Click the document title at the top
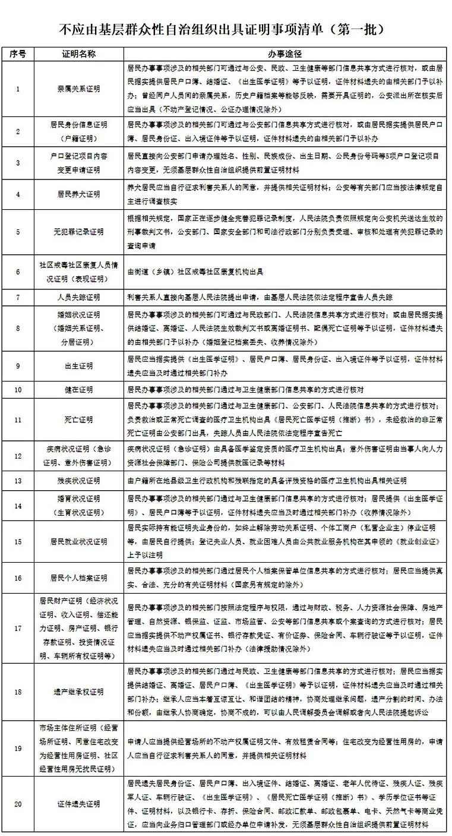[x=226, y=29]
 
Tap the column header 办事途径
[x=285, y=54]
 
